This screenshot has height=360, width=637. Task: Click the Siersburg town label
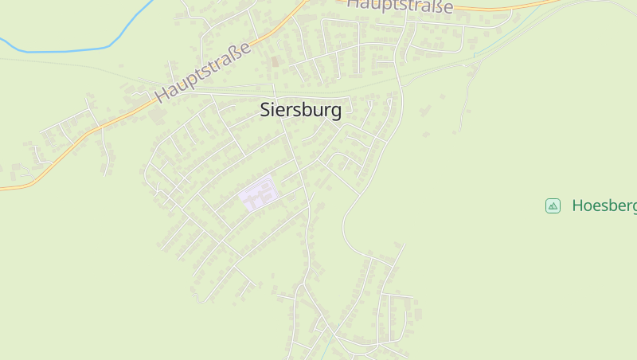click(300, 110)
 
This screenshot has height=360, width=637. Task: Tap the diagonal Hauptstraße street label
click(203, 72)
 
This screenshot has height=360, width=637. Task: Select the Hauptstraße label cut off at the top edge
click(401, 6)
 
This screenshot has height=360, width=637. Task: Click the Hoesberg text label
click(604, 205)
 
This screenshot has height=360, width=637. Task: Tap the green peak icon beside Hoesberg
click(553, 205)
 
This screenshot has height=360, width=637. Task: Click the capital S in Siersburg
click(265, 110)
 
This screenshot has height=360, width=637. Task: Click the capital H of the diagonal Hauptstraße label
click(162, 94)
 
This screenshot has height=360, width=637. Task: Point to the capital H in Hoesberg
click(577, 205)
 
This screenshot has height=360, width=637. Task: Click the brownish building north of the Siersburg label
click(276, 61)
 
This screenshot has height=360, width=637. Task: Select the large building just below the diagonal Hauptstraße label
click(158, 115)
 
